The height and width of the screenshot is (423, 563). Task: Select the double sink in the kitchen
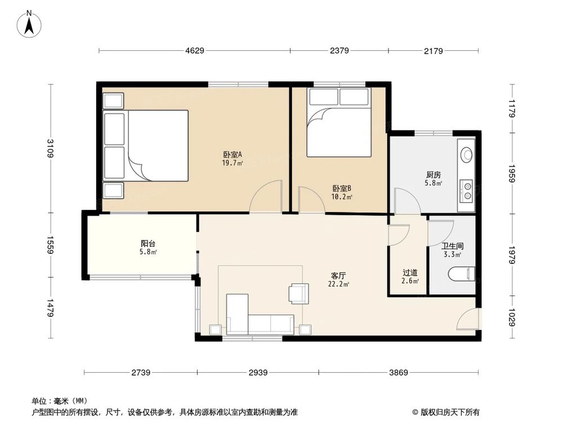click(467, 190)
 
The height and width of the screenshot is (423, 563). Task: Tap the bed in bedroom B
click(339, 123)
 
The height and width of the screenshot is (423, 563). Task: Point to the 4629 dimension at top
click(195, 51)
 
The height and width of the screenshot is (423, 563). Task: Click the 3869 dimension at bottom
click(398, 373)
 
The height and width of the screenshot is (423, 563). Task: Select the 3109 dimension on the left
click(51, 148)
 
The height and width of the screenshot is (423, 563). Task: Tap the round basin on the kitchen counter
click(467, 154)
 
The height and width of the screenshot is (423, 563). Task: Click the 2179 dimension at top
click(434, 51)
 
